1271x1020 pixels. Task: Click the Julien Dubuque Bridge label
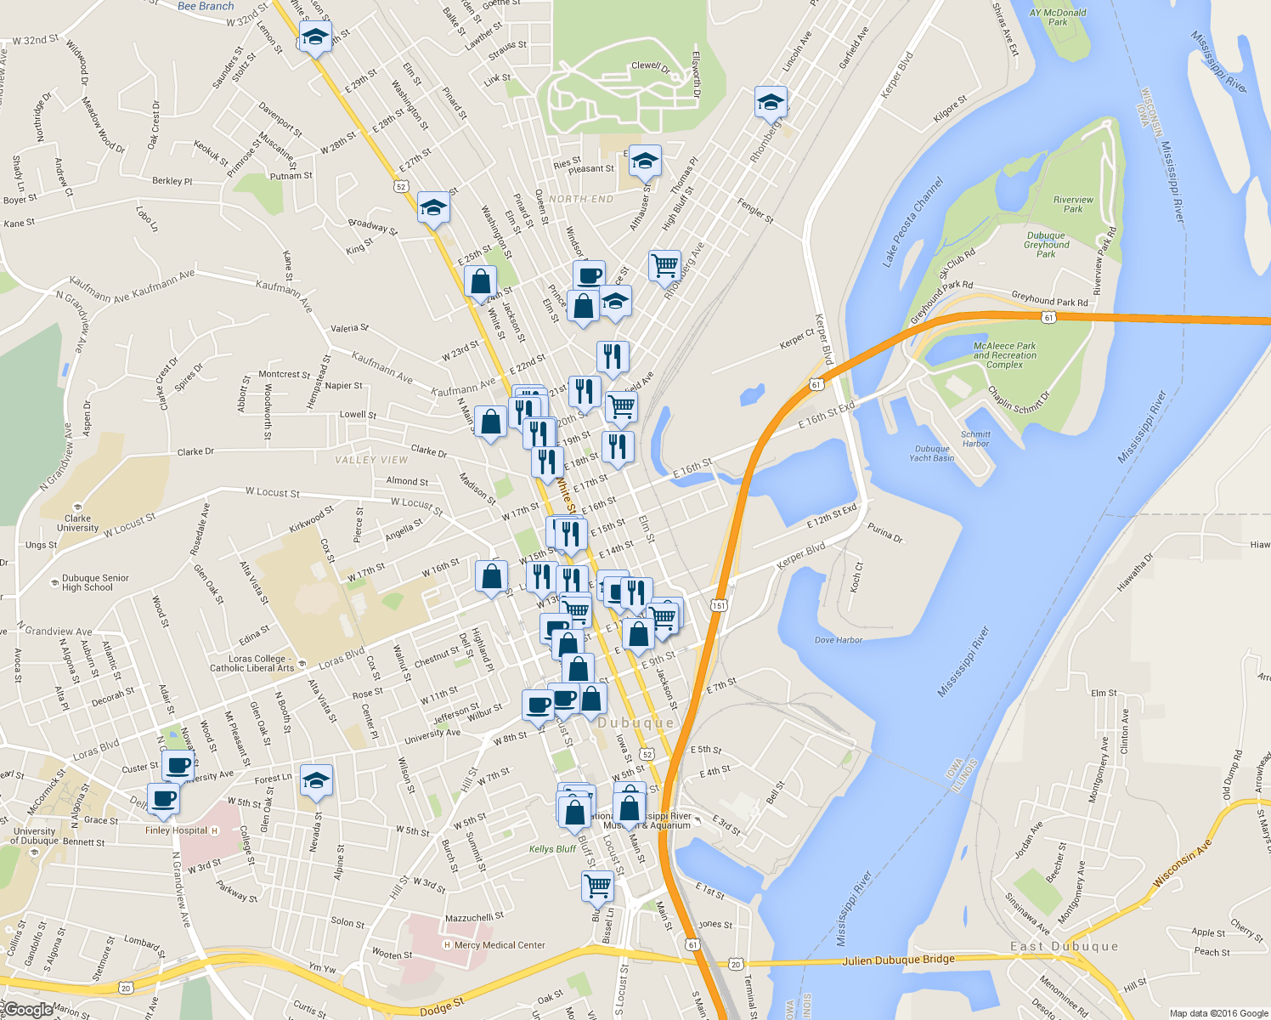[x=898, y=960]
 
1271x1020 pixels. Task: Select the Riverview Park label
[x=1073, y=204]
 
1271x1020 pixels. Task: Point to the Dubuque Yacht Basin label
[x=932, y=453]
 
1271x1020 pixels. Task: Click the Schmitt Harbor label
[x=975, y=439]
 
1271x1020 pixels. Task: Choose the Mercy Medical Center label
[x=499, y=944]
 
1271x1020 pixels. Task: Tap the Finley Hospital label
[x=177, y=830]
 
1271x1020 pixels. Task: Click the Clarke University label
[x=77, y=523]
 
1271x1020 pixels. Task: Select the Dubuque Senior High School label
[x=94, y=582]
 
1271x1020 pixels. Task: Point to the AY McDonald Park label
[x=1058, y=17]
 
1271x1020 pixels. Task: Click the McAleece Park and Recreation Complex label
[x=1004, y=355]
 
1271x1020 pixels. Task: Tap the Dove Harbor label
[x=839, y=640]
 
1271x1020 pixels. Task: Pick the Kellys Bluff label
[x=552, y=848]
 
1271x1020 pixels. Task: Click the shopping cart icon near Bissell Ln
[x=597, y=885]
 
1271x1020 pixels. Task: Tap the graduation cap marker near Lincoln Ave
[x=770, y=102]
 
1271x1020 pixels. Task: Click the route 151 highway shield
[x=720, y=605]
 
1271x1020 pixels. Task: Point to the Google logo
[x=27, y=1009]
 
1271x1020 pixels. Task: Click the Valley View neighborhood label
[x=371, y=460]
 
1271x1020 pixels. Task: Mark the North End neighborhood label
[x=581, y=199]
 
